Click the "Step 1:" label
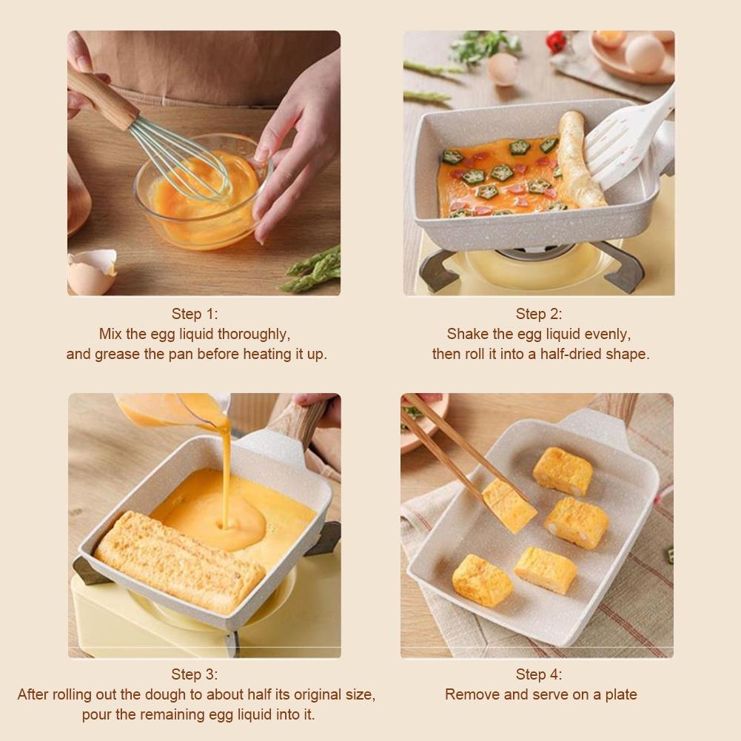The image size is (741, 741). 195,314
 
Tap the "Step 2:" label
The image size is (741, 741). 539,314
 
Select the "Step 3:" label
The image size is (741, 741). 195,674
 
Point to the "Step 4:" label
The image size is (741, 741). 539,674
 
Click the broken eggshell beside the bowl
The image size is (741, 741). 90,271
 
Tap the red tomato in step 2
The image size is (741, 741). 556,41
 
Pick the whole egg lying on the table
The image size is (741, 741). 503,69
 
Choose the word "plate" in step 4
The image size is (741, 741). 620,694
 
